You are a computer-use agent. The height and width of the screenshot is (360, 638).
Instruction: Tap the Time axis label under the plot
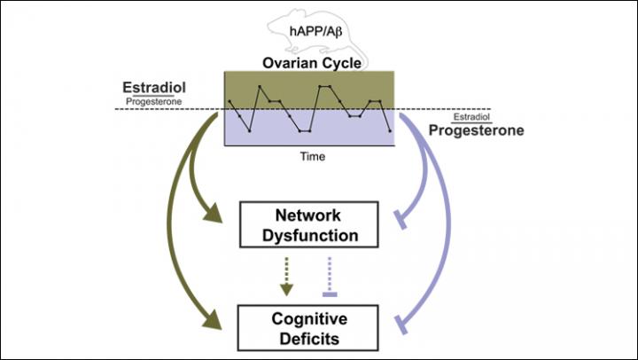tap(312, 157)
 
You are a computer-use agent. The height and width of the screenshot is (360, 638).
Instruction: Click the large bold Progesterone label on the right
tap(475, 130)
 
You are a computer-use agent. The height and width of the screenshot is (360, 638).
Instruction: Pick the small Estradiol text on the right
tap(471, 117)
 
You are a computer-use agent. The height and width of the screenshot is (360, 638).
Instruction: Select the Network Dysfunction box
tap(309, 225)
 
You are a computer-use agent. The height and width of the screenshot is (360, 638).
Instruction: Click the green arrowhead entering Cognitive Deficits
tap(215, 318)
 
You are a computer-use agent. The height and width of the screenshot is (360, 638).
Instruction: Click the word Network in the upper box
tap(309, 215)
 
